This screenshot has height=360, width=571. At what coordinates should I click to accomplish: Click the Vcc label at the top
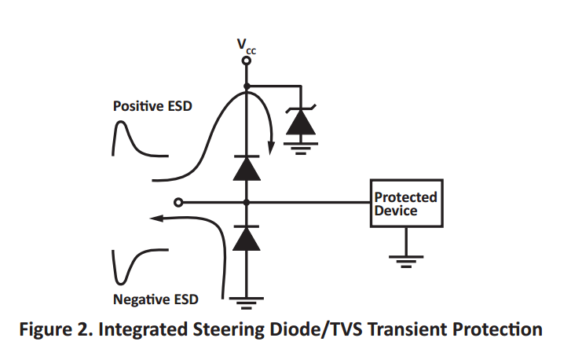(x=247, y=46)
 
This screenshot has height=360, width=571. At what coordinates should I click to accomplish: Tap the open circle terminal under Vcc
(x=247, y=61)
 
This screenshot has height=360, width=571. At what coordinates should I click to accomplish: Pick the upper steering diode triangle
(x=247, y=168)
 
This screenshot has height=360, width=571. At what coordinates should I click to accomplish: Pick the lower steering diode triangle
(x=247, y=237)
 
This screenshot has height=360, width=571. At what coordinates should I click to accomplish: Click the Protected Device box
(x=405, y=204)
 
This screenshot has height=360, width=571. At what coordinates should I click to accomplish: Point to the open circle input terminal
(x=179, y=203)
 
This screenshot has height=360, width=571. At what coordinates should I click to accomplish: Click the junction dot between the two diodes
(x=247, y=203)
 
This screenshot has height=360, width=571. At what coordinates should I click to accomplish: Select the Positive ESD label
(x=152, y=105)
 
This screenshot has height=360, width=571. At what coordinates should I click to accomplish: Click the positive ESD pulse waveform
(x=126, y=141)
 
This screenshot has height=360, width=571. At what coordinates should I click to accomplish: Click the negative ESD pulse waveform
(x=126, y=267)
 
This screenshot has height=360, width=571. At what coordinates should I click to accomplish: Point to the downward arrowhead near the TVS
(x=271, y=143)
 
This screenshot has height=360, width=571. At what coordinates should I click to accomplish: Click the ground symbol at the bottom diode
(x=247, y=299)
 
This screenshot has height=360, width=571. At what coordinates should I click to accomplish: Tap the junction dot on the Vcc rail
(x=247, y=86)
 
